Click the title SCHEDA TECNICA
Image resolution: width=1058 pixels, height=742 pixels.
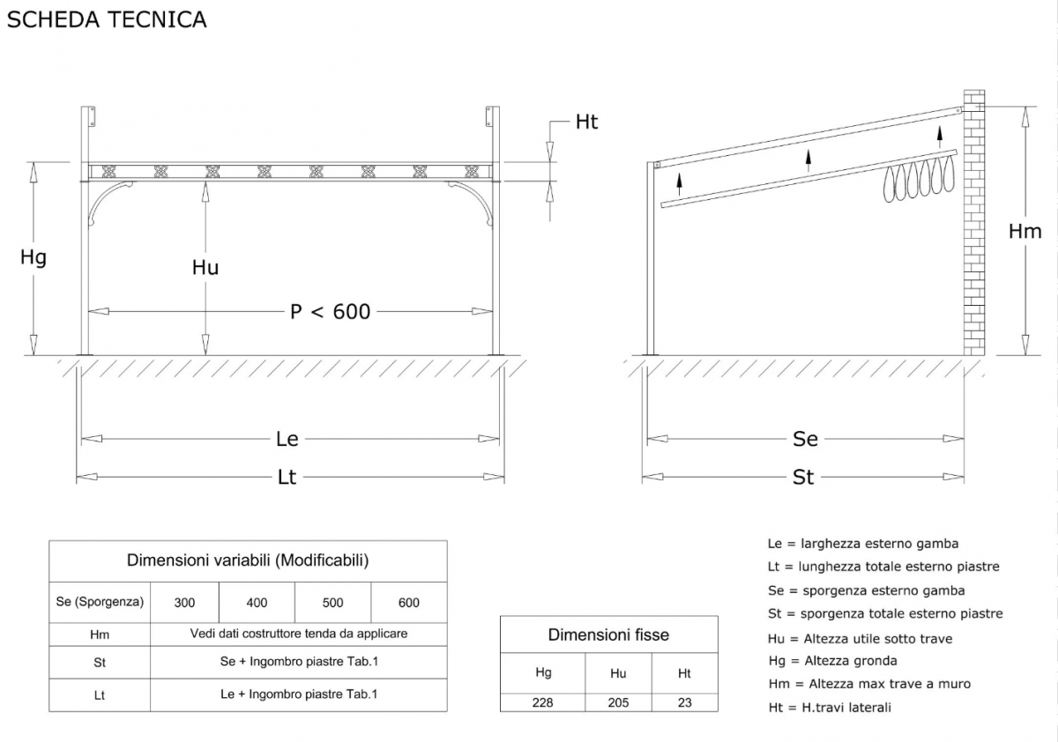[x=107, y=19]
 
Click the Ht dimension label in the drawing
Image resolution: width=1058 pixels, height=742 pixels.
[x=586, y=122]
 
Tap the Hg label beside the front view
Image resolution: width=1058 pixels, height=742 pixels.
[x=34, y=257]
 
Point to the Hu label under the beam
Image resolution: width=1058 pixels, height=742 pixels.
[x=205, y=268]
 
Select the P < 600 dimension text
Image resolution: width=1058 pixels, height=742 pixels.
[x=330, y=312]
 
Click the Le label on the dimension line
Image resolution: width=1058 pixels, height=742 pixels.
[x=287, y=439]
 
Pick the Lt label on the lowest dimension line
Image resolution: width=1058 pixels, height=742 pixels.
[x=287, y=478]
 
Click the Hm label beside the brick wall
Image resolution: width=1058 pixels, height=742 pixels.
[x=1024, y=231]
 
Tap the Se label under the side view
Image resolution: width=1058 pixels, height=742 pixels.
[x=805, y=439]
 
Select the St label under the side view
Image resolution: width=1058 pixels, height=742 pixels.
[x=803, y=478]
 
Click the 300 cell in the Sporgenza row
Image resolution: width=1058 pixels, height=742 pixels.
[x=184, y=603]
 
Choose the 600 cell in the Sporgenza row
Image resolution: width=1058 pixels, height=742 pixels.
[x=408, y=603]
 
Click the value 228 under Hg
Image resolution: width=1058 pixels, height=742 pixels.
[x=542, y=703]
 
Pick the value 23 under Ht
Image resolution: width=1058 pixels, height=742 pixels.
[x=684, y=703]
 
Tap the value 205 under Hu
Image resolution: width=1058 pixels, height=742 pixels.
[x=618, y=703]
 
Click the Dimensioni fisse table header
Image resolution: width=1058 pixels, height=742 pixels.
[x=608, y=634]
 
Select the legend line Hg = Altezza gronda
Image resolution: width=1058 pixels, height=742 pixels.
[x=832, y=661]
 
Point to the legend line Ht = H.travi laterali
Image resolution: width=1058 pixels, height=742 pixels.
[x=830, y=707]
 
